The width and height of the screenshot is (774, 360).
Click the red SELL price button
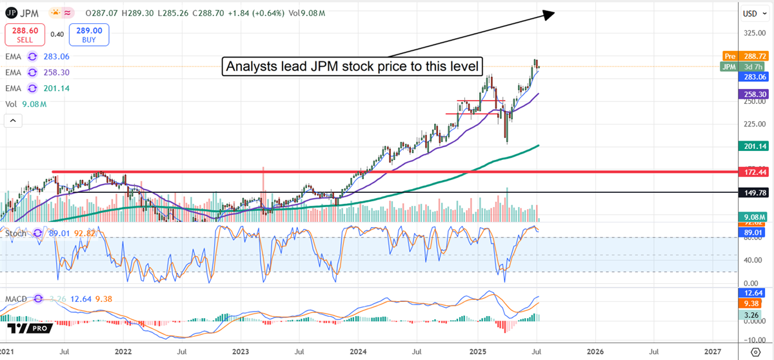point(25,34)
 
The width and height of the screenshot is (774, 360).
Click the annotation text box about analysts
point(353,66)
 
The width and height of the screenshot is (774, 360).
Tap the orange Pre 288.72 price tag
point(746,57)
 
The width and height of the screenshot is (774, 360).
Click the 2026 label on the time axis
point(595,352)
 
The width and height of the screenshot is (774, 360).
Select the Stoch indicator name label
point(17,233)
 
